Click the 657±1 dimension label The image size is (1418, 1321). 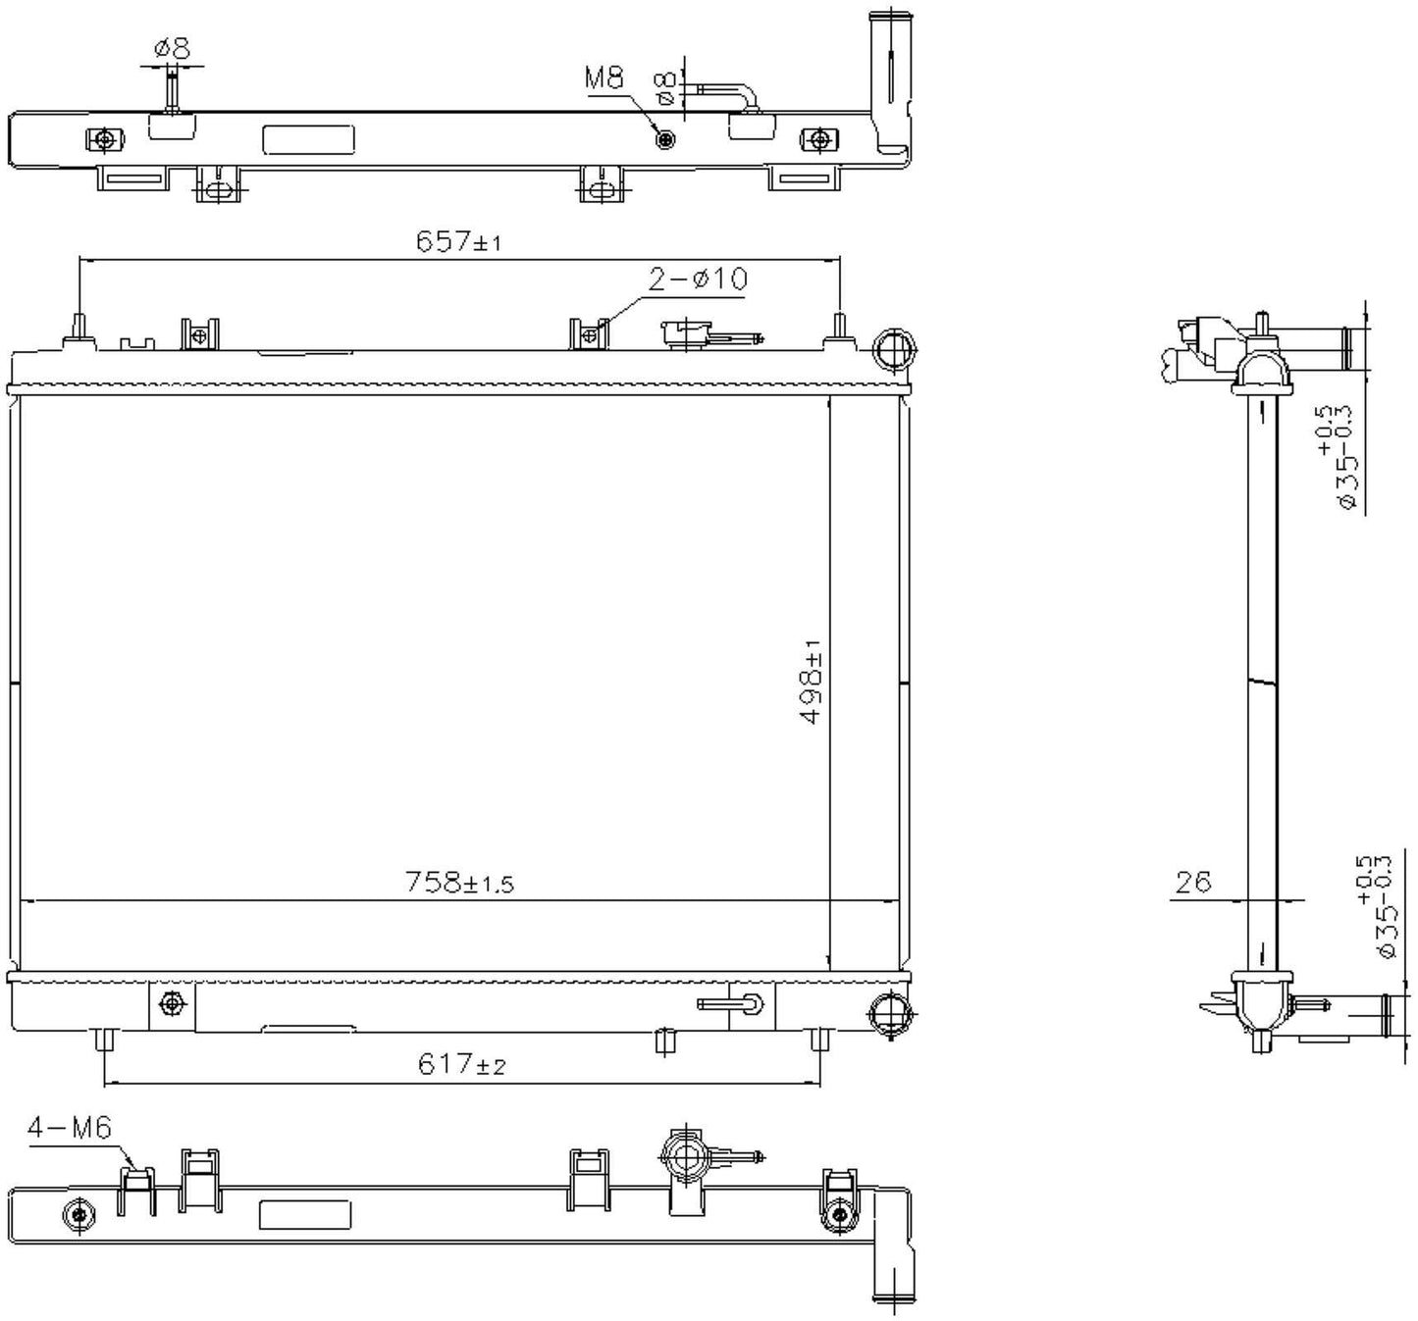(x=459, y=241)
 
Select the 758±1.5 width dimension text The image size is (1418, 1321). (x=459, y=883)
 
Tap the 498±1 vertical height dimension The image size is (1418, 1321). (x=812, y=682)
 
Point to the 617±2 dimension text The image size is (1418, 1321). (x=461, y=1064)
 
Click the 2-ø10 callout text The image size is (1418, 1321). (x=698, y=279)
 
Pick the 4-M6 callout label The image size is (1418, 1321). (x=70, y=1128)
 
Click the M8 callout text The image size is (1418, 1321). (x=604, y=77)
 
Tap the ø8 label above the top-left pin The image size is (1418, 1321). (x=172, y=48)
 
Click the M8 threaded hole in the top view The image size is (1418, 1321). (x=665, y=140)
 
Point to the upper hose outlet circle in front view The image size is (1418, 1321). (x=892, y=350)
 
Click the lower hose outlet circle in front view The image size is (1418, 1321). (x=890, y=1013)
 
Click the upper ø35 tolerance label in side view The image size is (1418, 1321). (x=1336, y=457)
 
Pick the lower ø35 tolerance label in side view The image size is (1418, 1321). (x=1376, y=906)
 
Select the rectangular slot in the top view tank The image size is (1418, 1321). (x=308, y=140)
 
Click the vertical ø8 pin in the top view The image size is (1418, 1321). (x=172, y=89)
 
